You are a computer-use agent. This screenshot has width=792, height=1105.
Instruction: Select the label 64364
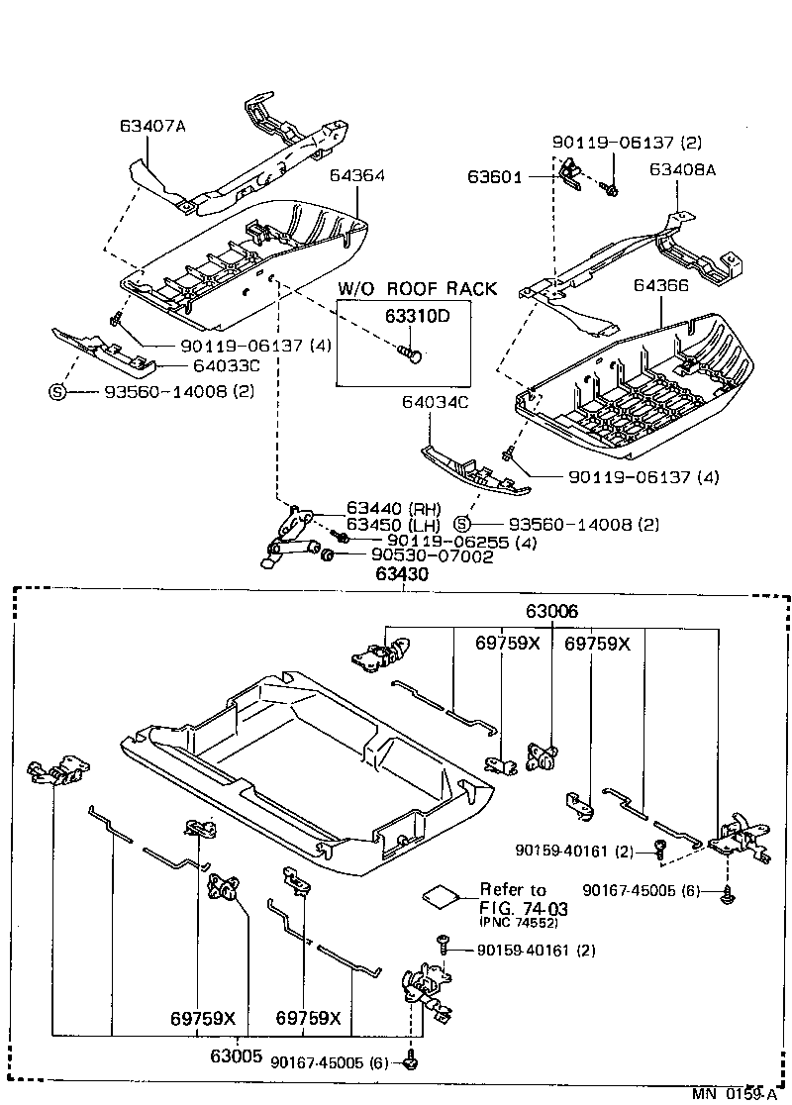coord(356,175)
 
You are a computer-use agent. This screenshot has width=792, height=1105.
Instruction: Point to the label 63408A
coord(682,169)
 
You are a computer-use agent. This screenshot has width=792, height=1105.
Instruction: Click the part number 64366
coord(660,284)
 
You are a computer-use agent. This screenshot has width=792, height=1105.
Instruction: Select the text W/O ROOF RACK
coord(417,289)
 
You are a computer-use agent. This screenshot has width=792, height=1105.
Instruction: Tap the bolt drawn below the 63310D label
coord(410,351)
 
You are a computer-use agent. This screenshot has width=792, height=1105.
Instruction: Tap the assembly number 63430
coord(402,574)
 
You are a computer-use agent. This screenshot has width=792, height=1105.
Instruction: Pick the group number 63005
coord(235,1056)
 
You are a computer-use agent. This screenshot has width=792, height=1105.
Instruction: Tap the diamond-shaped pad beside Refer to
coord(442,895)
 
